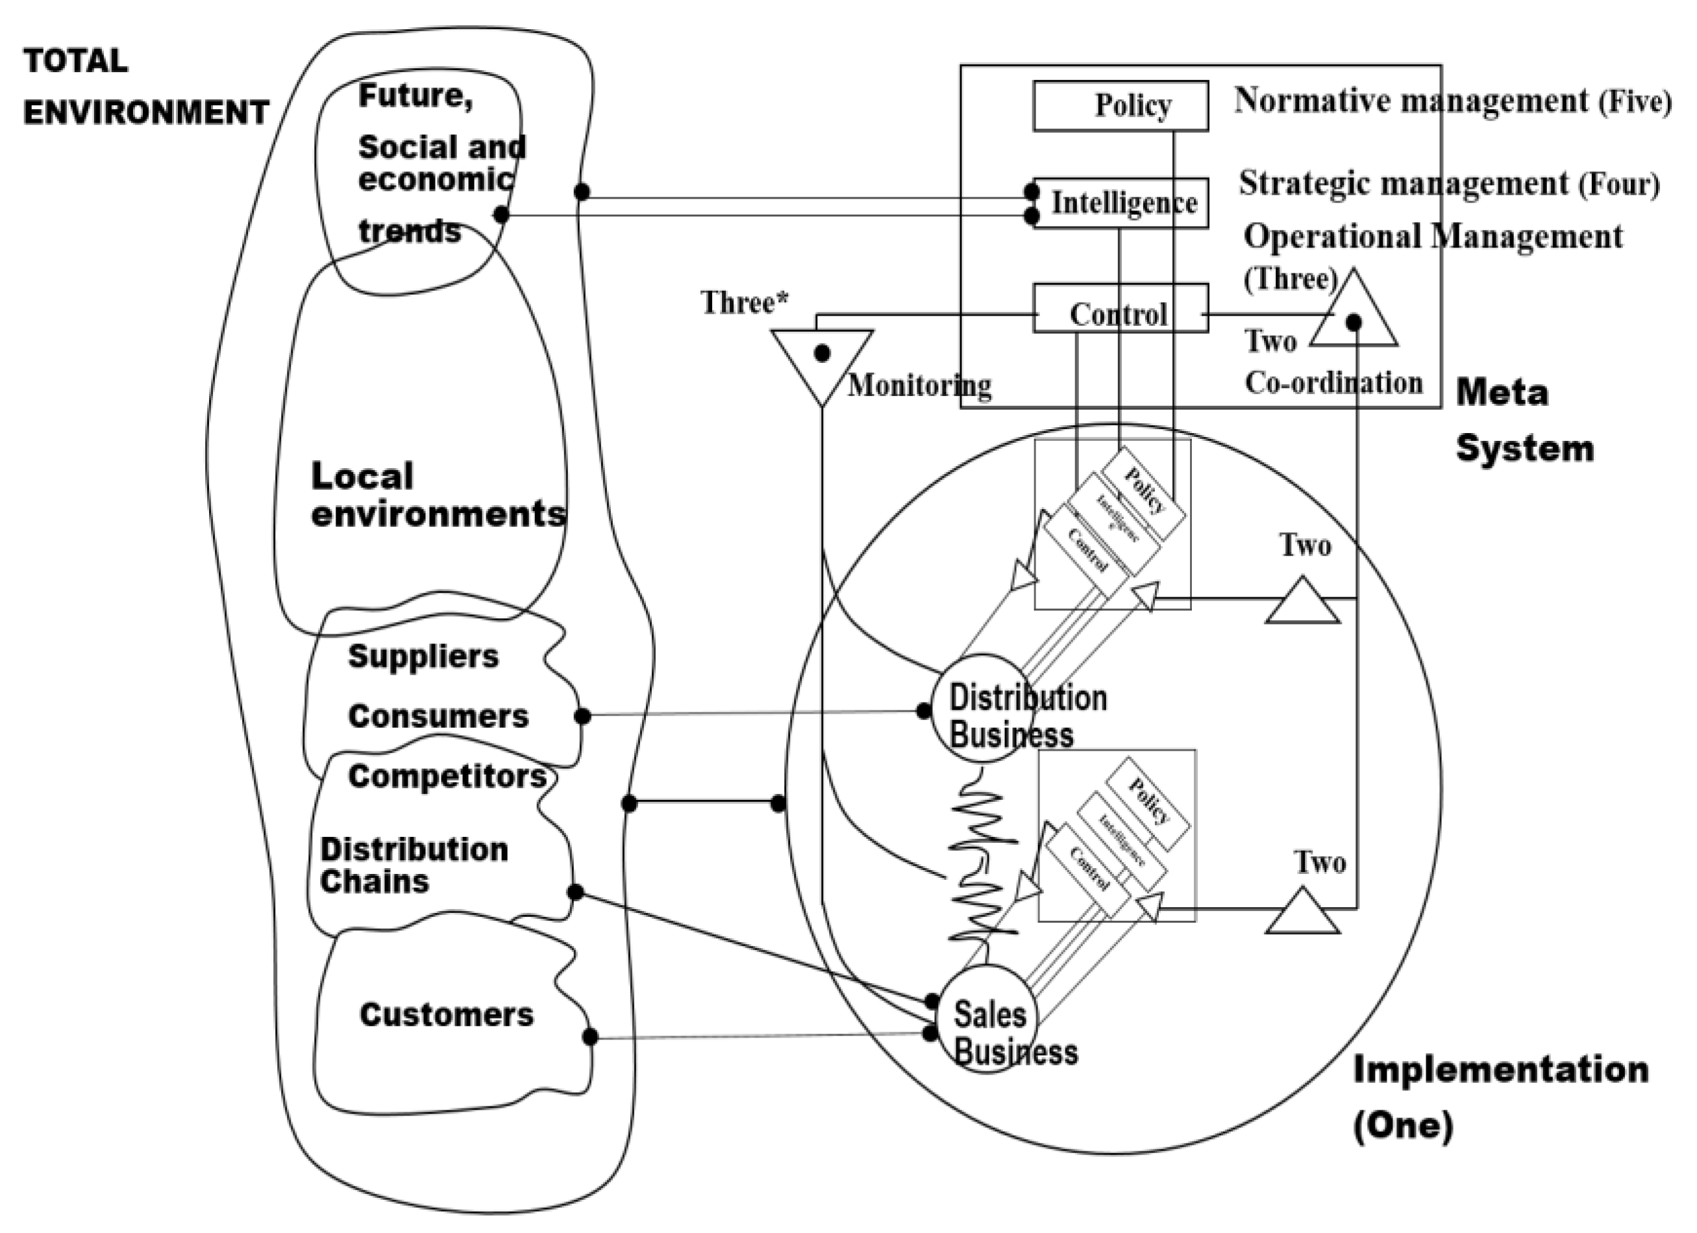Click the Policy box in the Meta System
pyautogui.click(x=1120, y=105)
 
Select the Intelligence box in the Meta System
pyautogui.click(x=1120, y=203)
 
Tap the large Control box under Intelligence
pyautogui.click(x=1120, y=308)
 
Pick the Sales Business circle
pyautogui.click(x=986, y=1019)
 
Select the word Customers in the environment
pyautogui.click(x=447, y=1015)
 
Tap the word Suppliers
pyautogui.click(x=423, y=656)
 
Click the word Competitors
pyautogui.click(x=447, y=776)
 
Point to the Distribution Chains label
pyautogui.click(x=414, y=866)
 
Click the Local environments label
pyautogui.click(x=438, y=495)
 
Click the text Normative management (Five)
pyautogui.click(x=1452, y=101)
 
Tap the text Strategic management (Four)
pyautogui.click(x=1448, y=183)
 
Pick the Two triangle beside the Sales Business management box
pyautogui.click(x=1303, y=914)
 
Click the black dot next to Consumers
pyautogui.click(x=582, y=716)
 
